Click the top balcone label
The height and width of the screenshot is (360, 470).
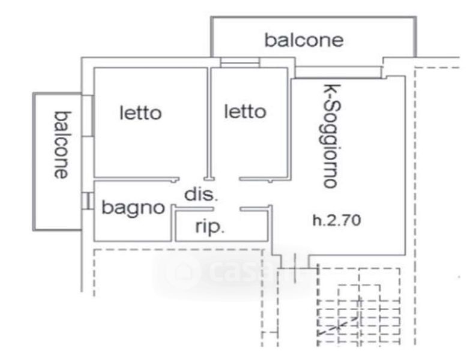[304, 40]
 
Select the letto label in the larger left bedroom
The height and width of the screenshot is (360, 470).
[140, 113]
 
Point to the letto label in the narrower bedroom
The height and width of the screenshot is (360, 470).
[245, 112]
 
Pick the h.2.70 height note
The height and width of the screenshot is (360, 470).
[336, 221]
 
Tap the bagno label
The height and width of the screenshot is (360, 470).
[133, 208]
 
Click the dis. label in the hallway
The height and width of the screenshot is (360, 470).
[201, 194]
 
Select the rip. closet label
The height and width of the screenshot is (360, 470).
[210, 228]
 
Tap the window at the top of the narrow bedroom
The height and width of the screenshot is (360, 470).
[240, 62]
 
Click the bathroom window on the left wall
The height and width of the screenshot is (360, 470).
[88, 200]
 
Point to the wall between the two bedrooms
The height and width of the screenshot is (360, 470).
[209, 120]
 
